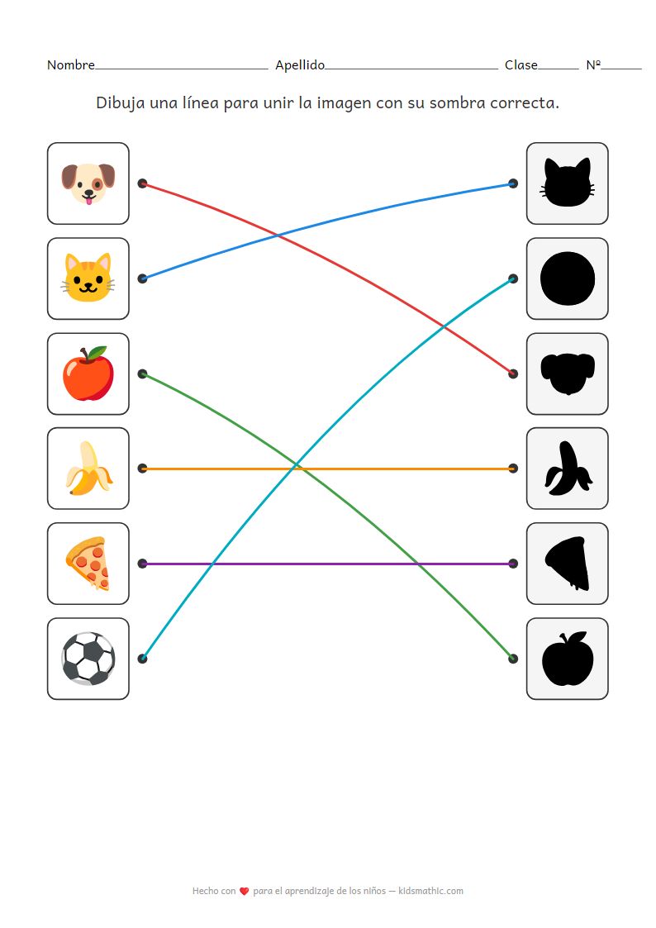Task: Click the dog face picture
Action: coord(88,183)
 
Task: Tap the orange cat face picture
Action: coord(88,278)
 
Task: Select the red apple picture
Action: coord(88,374)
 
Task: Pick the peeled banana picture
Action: coord(88,469)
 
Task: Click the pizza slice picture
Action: coord(88,563)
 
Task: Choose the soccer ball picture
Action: coord(88,659)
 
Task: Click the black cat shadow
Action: coord(568,183)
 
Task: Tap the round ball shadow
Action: coord(568,278)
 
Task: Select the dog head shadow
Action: coord(568,374)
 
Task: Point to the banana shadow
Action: coord(568,469)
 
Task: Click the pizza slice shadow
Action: coord(568,564)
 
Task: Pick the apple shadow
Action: coord(568,659)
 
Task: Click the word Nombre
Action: coord(71,65)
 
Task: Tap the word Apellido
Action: coord(300,65)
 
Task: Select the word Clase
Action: coord(521,65)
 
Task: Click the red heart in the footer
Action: coord(244,892)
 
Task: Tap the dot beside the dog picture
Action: coord(142,183)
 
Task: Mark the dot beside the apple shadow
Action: coord(513,659)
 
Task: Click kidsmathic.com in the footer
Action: coord(430,891)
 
